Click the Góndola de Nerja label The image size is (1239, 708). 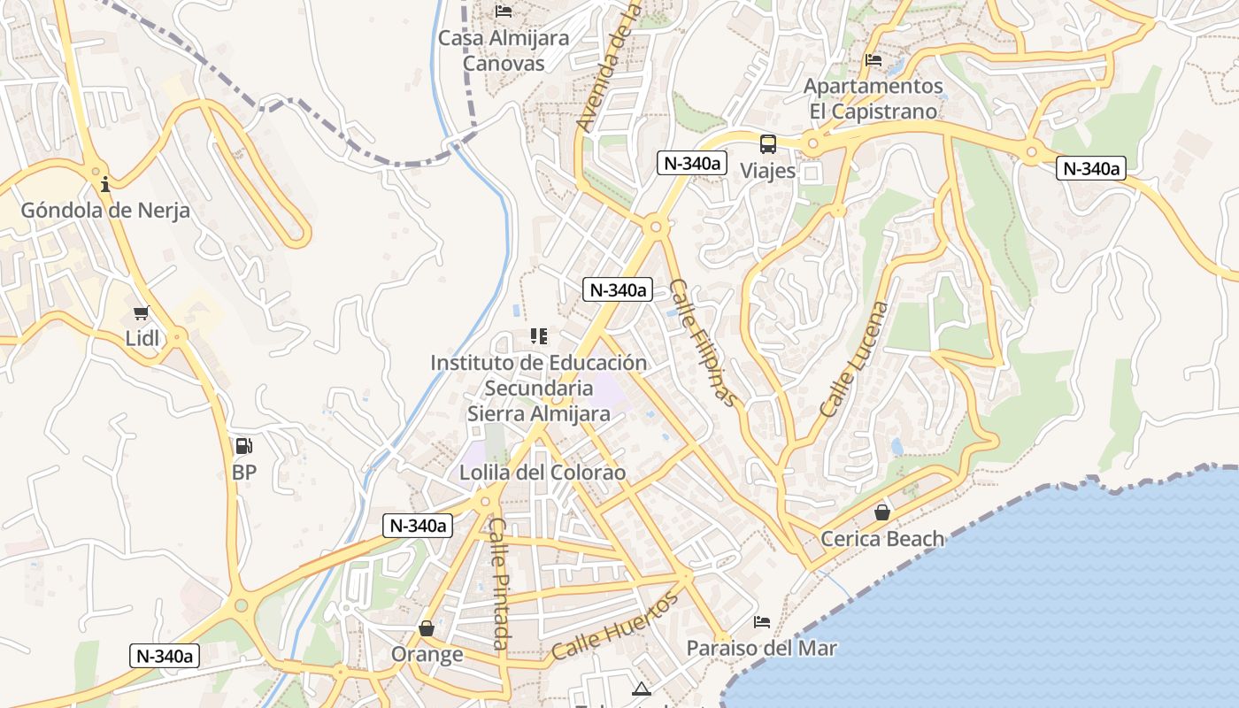tap(105, 211)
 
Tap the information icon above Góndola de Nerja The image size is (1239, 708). tap(105, 184)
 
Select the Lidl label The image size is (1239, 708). tap(142, 337)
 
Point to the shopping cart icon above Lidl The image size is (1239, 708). tap(141, 312)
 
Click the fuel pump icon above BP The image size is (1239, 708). tap(243, 447)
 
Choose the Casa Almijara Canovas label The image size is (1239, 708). tap(504, 50)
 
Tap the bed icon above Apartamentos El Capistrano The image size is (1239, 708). tap(873, 60)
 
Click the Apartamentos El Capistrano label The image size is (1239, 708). tap(873, 99)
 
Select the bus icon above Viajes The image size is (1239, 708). tap(768, 144)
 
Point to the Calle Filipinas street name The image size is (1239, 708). tap(703, 342)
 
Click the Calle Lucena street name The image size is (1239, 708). tap(854, 359)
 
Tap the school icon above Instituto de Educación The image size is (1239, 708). tap(538, 336)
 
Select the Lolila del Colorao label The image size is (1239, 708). tap(542, 473)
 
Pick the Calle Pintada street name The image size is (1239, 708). tap(499, 583)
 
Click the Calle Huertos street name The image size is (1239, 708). tap(615, 627)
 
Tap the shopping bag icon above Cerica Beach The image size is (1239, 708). tap(882, 512)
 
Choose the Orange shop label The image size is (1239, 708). tap(427, 654)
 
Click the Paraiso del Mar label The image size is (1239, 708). tap(761, 648)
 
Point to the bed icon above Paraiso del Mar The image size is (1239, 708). tap(762, 622)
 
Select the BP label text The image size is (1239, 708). tap(244, 473)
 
